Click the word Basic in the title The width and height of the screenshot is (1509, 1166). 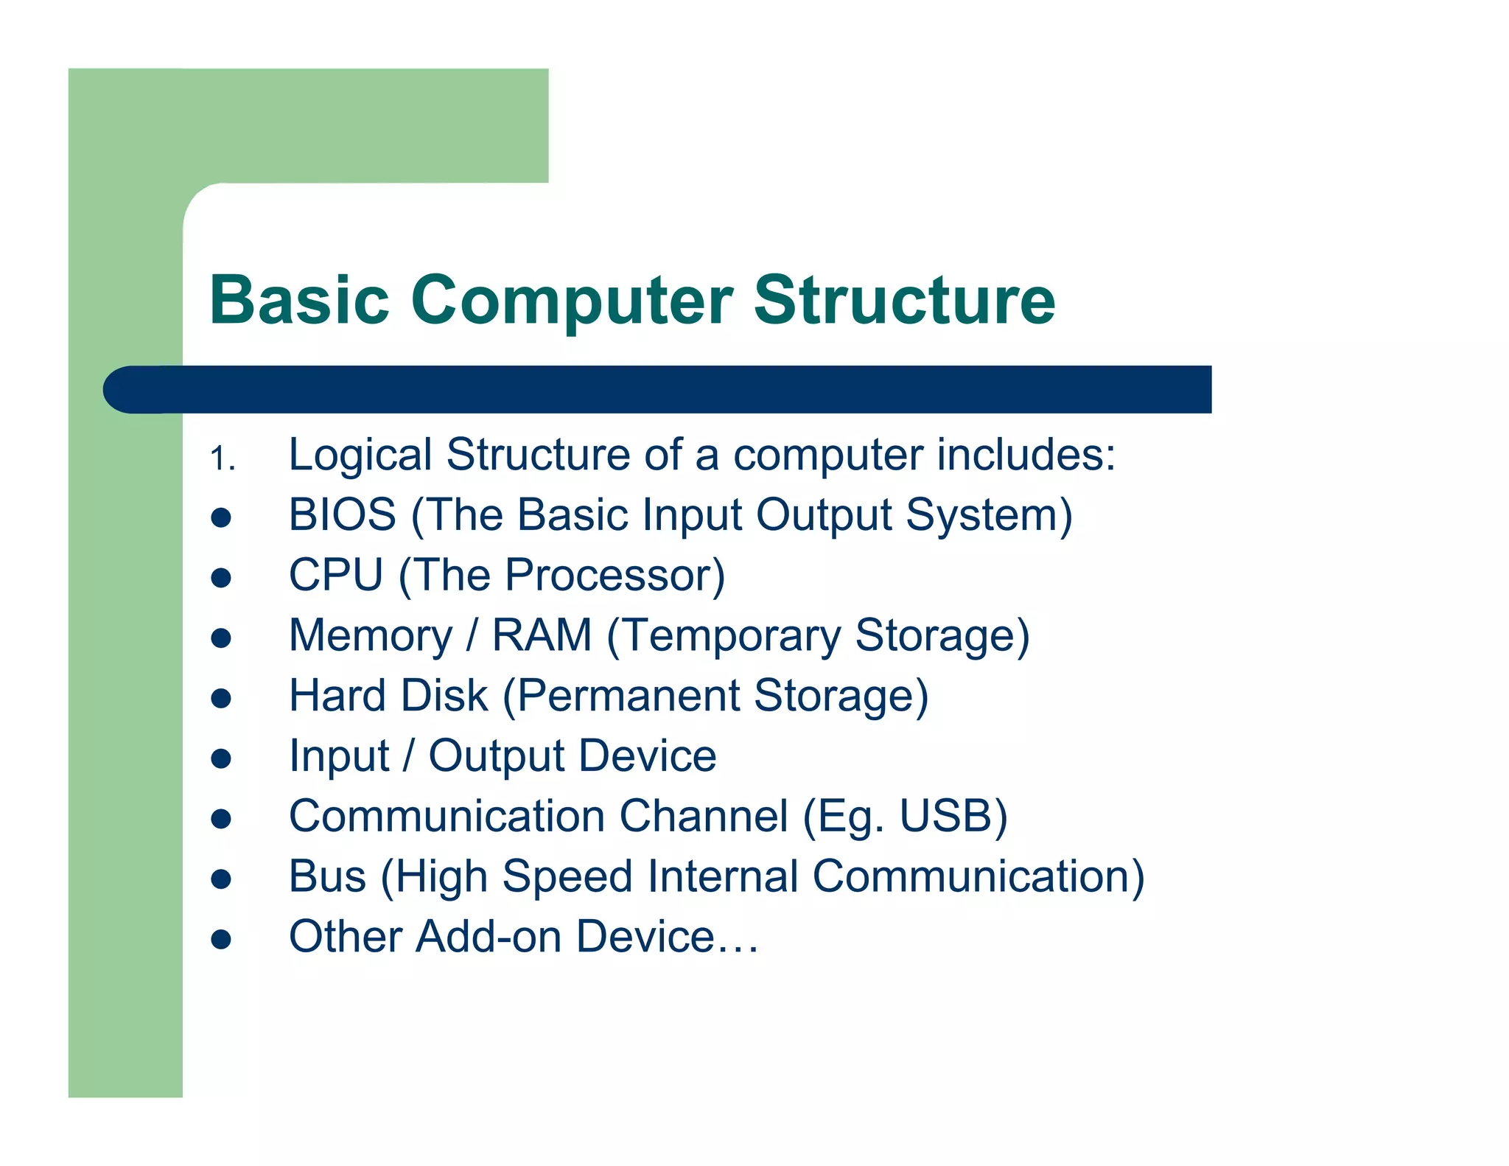(x=298, y=300)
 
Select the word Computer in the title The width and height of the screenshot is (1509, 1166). (x=572, y=300)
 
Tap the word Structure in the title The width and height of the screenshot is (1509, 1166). (x=904, y=300)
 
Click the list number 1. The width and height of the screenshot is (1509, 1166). (x=220, y=459)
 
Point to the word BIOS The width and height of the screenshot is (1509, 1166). (x=343, y=514)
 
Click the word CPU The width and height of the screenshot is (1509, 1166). (x=336, y=575)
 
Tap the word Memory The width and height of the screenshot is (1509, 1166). (x=371, y=635)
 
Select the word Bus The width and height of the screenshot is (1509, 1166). (x=327, y=876)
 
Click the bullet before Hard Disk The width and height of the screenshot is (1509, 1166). (x=221, y=698)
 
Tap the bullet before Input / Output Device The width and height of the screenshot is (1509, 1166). (x=221, y=758)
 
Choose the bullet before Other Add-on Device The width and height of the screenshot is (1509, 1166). (x=221, y=939)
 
